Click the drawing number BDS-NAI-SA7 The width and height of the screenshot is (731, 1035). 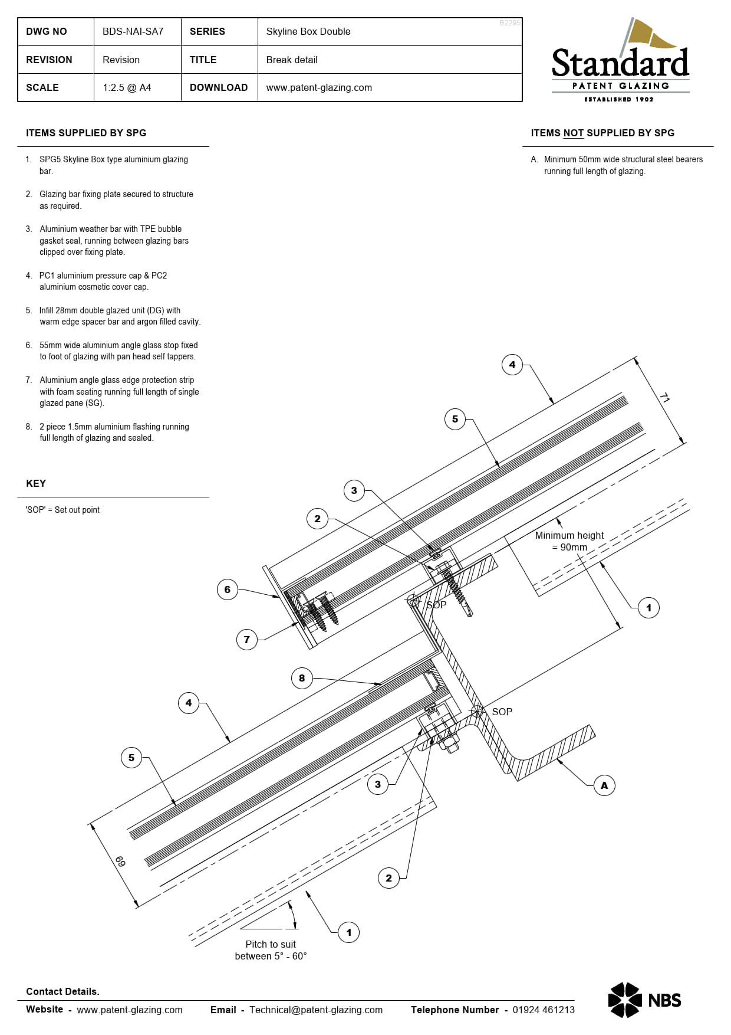(x=133, y=31)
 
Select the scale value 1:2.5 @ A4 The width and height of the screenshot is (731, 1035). (x=127, y=87)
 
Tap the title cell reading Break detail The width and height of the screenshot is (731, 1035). (x=292, y=60)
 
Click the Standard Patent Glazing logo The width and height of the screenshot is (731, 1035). (x=620, y=62)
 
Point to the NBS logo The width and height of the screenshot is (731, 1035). (x=644, y=1000)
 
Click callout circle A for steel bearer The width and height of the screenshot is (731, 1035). (x=604, y=785)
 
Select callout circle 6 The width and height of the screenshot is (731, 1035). (x=228, y=589)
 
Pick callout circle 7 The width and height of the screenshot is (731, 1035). (x=246, y=640)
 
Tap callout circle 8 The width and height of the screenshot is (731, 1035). (x=302, y=678)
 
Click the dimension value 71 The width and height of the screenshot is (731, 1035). (x=664, y=398)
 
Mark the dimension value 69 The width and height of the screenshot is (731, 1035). (x=120, y=862)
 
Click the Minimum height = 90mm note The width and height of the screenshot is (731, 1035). (x=569, y=541)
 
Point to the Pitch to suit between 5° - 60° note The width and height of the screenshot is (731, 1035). (x=271, y=950)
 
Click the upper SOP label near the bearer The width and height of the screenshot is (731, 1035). (x=436, y=605)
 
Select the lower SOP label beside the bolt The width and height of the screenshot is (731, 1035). (x=502, y=712)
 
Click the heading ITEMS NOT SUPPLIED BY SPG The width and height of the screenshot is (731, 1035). (x=602, y=133)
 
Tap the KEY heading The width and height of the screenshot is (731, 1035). (x=36, y=483)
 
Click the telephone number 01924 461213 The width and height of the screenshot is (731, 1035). (x=543, y=1010)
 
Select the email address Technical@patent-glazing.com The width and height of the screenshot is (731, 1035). (x=315, y=1010)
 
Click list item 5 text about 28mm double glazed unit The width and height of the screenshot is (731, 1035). (x=120, y=316)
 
